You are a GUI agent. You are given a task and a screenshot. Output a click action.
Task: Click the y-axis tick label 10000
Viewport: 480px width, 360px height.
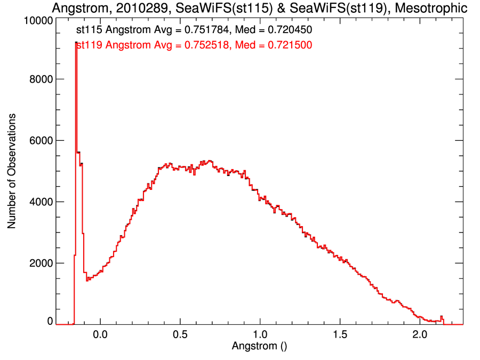click(x=38, y=20)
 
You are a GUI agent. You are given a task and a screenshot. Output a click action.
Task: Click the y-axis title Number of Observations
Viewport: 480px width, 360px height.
click(x=12, y=171)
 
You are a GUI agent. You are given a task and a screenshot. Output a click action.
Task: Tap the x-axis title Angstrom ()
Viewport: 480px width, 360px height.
click(x=259, y=346)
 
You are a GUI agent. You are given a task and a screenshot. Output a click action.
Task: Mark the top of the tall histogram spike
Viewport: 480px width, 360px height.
click(x=76, y=42)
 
